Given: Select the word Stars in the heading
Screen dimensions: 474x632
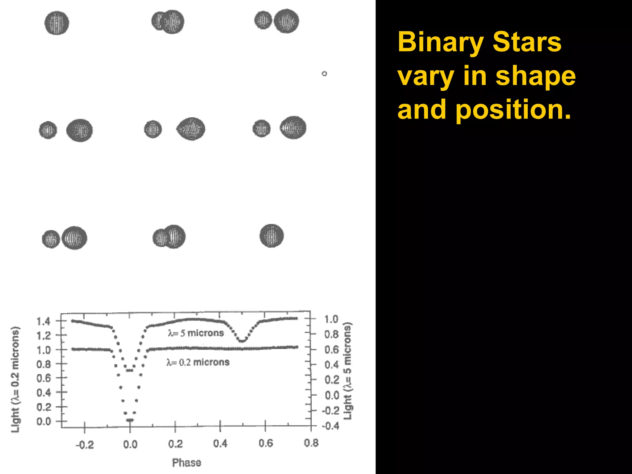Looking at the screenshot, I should pyautogui.click(x=527, y=42).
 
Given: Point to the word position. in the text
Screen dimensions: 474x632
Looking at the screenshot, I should pyautogui.click(x=513, y=110).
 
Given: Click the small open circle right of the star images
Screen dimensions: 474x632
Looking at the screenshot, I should pyautogui.click(x=324, y=73).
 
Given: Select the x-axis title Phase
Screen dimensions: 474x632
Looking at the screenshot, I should pyautogui.click(x=186, y=463).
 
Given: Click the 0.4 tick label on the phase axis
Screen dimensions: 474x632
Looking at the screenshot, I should pyautogui.click(x=220, y=444).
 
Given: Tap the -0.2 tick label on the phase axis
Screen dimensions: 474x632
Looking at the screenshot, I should pyautogui.click(x=85, y=445).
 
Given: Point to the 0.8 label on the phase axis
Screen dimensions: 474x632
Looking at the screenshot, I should pyautogui.click(x=311, y=443).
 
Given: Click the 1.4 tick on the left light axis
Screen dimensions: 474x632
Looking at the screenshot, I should pyautogui.click(x=43, y=321).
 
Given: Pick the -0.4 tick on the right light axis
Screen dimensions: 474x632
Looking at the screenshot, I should pyautogui.click(x=331, y=426).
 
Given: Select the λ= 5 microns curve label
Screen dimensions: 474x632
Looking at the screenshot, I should pyautogui.click(x=196, y=333).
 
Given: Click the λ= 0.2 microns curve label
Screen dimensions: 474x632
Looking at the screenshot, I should pyautogui.click(x=198, y=362).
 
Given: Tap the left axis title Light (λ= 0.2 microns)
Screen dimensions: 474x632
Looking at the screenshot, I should pyautogui.click(x=15, y=380).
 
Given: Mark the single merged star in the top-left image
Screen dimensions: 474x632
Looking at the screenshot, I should pyautogui.click(x=57, y=23).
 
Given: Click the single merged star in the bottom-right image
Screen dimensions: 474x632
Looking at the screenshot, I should pyautogui.click(x=271, y=236).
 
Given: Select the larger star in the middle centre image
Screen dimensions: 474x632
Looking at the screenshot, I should pyautogui.click(x=191, y=129).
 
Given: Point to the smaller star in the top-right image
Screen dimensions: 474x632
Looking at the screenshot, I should pyautogui.click(x=263, y=20).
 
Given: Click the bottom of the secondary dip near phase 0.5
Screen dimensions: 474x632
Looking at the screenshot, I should pyautogui.click(x=242, y=341).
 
